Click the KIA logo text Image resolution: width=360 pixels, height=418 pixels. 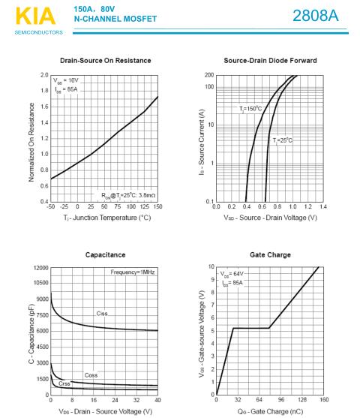tap(35, 16)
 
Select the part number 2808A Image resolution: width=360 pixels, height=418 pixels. tap(316, 16)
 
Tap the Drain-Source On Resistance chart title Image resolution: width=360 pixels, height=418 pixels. tap(106, 61)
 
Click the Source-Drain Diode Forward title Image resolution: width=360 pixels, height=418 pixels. tap(270, 61)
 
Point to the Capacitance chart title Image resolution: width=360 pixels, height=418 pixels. tap(105, 255)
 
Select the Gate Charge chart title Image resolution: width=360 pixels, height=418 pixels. tap(270, 255)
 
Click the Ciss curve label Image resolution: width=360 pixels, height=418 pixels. tap(102, 314)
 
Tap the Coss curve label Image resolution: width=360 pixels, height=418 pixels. tap(91, 375)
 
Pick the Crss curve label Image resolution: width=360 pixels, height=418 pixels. tap(64, 383)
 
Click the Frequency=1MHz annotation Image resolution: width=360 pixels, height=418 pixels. tap(133, 272)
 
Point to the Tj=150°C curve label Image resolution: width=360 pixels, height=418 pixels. tap(250, 109)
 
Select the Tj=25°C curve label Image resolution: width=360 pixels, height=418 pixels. tap(282, 140)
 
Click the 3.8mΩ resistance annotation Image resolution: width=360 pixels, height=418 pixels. tap(147, 195)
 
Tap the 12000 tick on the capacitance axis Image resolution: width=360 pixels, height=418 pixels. tap(41, 268)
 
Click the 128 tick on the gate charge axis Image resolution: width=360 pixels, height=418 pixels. tap(302, 399)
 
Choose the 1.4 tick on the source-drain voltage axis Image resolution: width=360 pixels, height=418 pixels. tap(323, 206)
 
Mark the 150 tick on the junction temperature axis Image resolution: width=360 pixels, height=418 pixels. tap(157, 206)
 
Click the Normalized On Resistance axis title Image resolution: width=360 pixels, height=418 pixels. tap(31, 143)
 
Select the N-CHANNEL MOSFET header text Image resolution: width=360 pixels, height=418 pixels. tap(115, 19)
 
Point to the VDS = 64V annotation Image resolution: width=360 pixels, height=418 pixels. tap(232, 274)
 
